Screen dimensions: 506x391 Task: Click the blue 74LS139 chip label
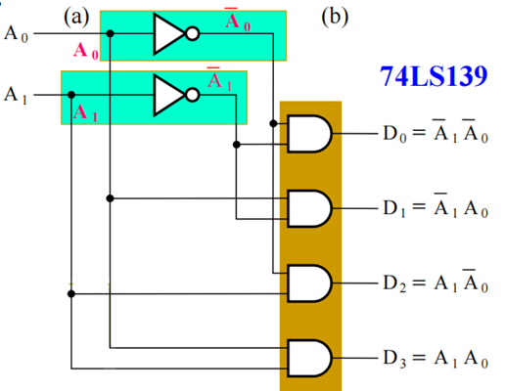coord(434,76)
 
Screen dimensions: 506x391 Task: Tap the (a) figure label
coord(76,17)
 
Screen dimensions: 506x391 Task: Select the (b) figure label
coord(335,17)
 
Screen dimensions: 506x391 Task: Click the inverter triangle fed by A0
coord(169,33)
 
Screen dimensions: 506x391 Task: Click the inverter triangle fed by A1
coord(169,95)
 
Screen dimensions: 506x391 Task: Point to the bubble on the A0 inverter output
coord(193,33)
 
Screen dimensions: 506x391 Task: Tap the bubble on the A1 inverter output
coord(193,95)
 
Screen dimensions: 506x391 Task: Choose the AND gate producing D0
coord(309,134)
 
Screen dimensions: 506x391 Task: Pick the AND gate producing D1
coord(309,208)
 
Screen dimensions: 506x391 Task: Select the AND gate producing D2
coord(309,283)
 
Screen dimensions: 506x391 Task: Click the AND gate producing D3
coord(309,359)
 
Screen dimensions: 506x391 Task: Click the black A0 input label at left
coord(16,34)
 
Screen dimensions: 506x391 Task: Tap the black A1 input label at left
coord(16,95)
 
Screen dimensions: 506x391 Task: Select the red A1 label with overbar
coord(219,79)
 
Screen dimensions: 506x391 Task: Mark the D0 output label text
coord(436,132)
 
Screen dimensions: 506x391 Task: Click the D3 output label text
coord(436,359)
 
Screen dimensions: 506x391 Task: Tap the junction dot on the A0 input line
coord(111,33)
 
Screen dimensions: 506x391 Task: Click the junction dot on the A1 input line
coord(71,95)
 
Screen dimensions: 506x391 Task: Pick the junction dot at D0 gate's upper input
coord(273,123)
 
